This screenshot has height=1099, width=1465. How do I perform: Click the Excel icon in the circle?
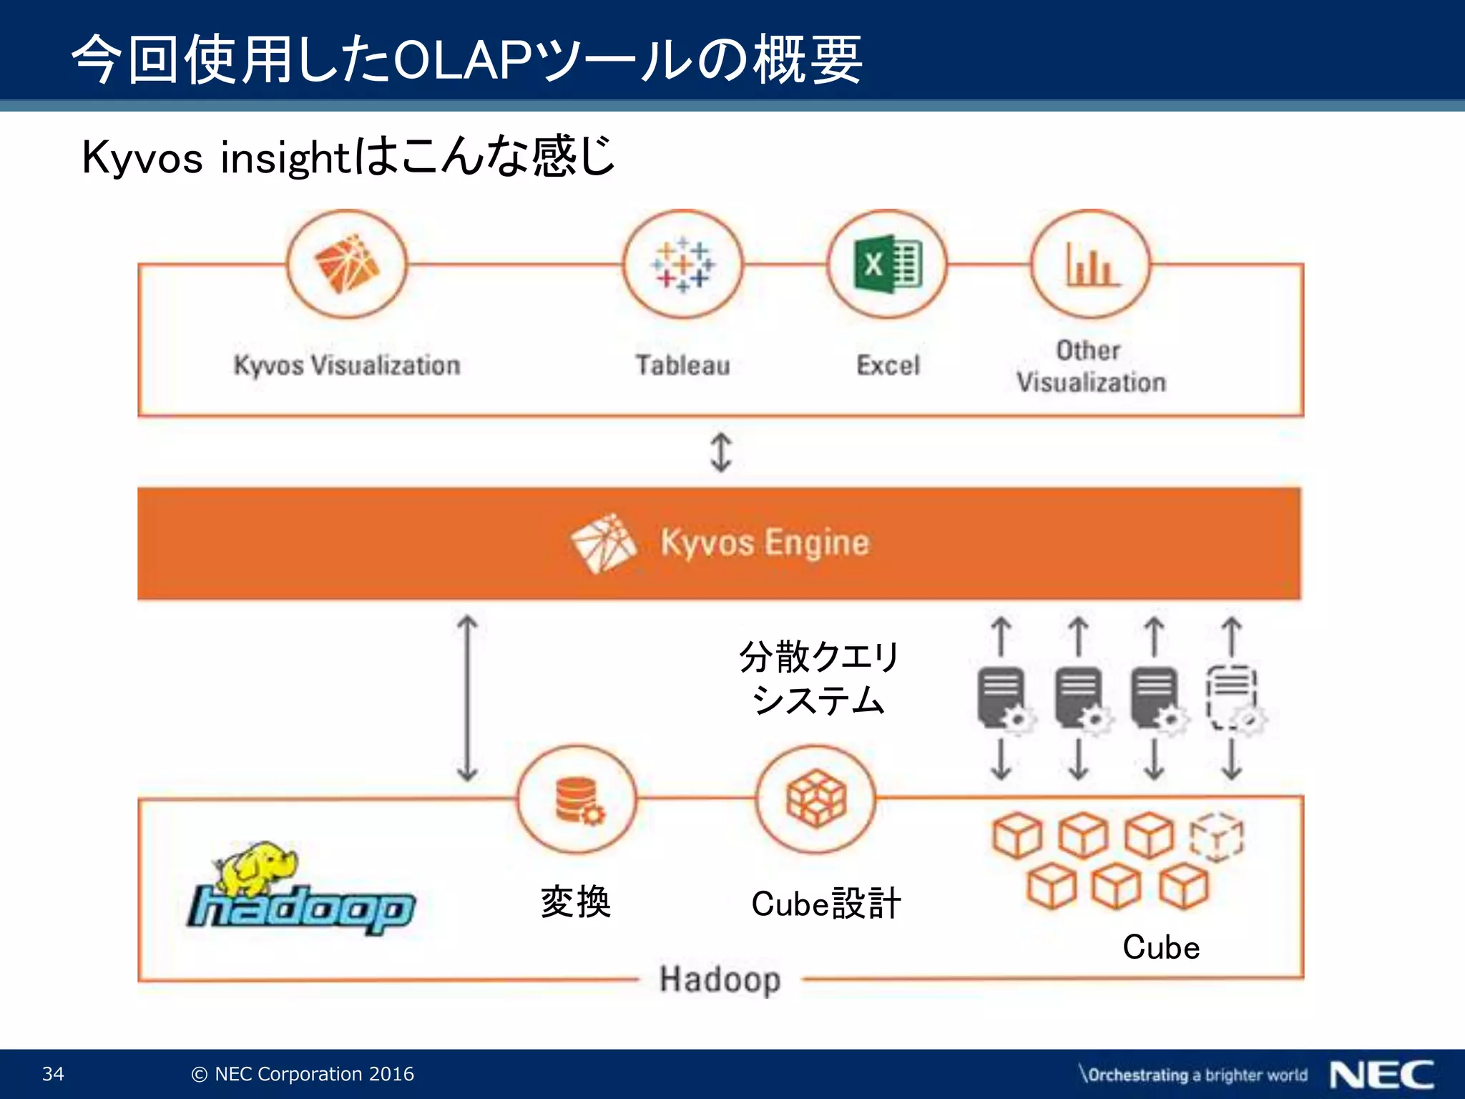(x=888, y=265)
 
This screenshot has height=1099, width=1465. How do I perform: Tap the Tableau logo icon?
(x=682, y=265)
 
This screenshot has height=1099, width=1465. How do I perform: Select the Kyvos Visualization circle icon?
(x=347, y=265)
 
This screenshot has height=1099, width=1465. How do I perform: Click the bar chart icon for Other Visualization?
(x=1090, y=265)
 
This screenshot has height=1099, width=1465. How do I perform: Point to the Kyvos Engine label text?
(x=764, y=542)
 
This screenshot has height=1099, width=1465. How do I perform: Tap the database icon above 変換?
(x=577, y=800)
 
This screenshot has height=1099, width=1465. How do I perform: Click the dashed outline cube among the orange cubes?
(x=1216, y=837)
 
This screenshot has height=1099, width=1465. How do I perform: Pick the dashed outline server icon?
(x=1233, y=698)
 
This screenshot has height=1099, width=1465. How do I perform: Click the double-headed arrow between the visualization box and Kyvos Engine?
(x=720, y=452)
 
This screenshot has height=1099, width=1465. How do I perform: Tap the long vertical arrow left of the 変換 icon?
(x=467, y=698)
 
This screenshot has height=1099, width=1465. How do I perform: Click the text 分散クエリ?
(x=818, y=657)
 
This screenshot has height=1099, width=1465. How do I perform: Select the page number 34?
(x=53, y=1074)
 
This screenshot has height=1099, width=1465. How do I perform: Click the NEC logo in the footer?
(x=1381, y=1075)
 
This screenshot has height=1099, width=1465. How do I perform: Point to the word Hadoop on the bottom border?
(x=720, y=979)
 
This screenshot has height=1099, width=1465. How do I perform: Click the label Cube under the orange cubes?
(x=1160, y=947)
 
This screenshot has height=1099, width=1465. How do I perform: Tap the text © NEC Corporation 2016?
(x=303, y=1074)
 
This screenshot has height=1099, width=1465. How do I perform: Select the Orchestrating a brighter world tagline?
(x=1194, y=1075)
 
